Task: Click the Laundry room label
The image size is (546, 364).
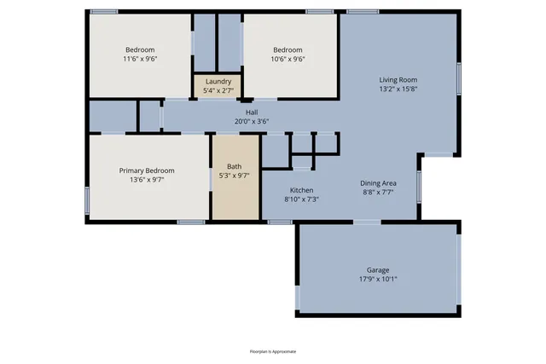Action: pyautogui.click(x=218, y=81)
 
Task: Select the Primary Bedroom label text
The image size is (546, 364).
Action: pyautogui.click(x=147, y=170)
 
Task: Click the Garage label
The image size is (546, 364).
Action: pyautogui.click(x=378, y=269)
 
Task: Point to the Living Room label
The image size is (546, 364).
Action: pyautogui.click(x=398, y=80)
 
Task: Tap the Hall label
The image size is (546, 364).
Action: pyautogui.click(x=252, y=112)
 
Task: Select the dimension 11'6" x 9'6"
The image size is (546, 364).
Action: pyautogui.click(x=140, y=60)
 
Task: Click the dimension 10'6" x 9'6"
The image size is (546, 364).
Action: pyautogui.click(x=288, y=60)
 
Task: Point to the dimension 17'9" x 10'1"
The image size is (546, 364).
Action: pyautogui.click(x=378, y=278)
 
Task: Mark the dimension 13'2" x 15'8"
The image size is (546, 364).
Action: pyautogui.click(x=398, y=90)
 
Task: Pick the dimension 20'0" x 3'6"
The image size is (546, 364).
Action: pyautogui.click(x=252, y=121)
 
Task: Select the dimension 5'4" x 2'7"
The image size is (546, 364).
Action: pyautogui.click(x=218, y=90)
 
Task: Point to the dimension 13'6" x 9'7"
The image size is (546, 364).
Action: pyautogui.click(x=147, y=180)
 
